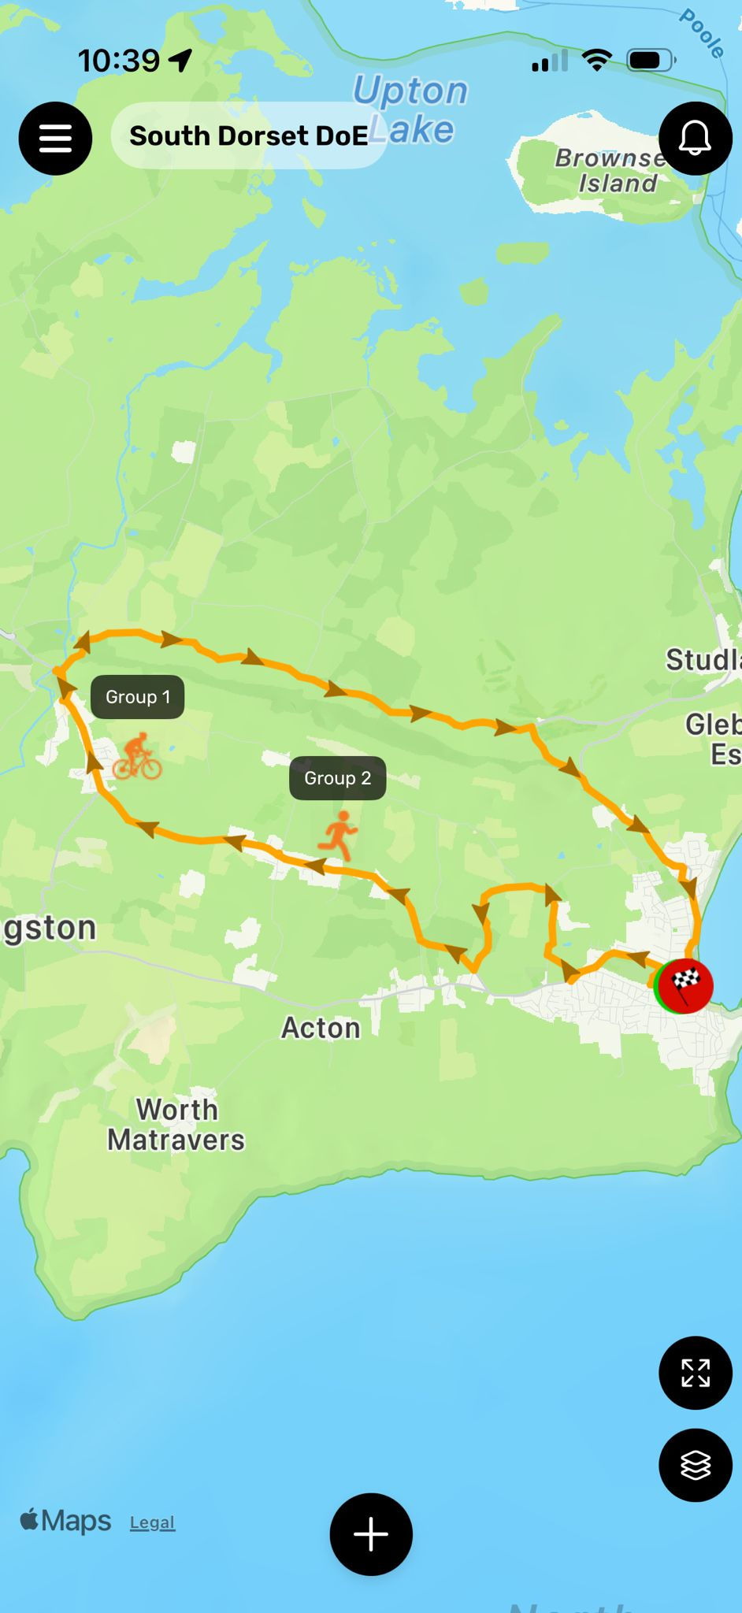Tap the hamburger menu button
pyautogui.click(x=55, y=139)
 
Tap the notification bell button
pyautogui.click(x=696, y=139)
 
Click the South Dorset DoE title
pyautogui.click(x=248, y=135)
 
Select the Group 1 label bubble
pyautogui.click(x=138, y=697)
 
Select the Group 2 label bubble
pyautogui.click(x=337, y=778)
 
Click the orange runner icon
pyautogui.click(x=339, y=835)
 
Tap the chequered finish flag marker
pyautogui.click(x=685, y=984)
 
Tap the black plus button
pyautogui.click(x=371, y=1534)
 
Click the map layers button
pyautogui.click(x=696, y=1465)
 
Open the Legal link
pyautogui.click(x=152, y=1522)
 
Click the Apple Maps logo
pyautogui.click(x=65, y=1520)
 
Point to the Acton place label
pyautogui.click(x=321, y=1028)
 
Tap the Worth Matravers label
pyautogui.click(x=176, y=1125)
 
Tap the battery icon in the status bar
pyautogui.click(x=650, y=60)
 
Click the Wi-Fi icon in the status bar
pyautogui.click(x=596, y=60)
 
